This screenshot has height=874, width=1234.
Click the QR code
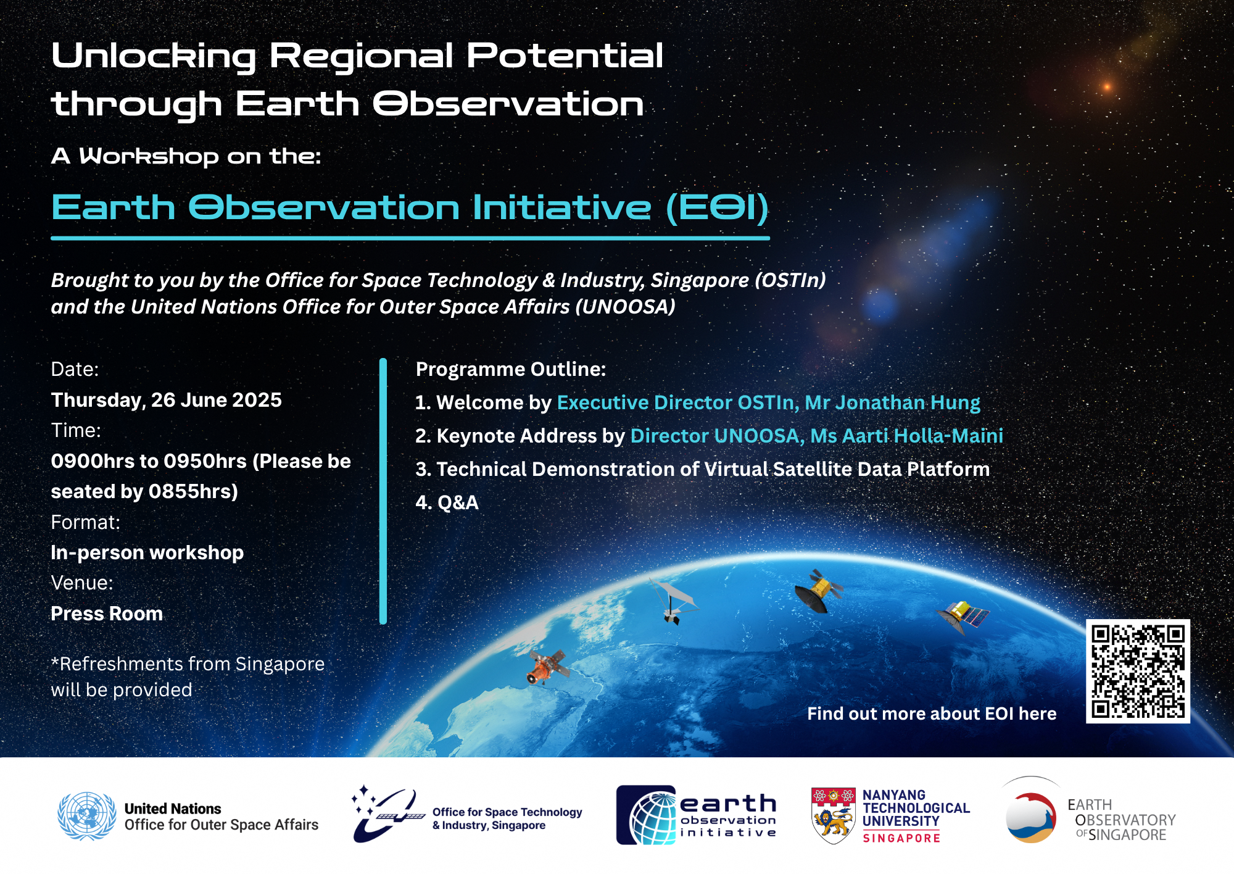(1138, 671)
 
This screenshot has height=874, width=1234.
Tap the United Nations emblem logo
(86, 816)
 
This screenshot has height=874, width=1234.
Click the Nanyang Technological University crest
(833, 815)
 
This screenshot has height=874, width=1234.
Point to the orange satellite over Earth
(546, 667)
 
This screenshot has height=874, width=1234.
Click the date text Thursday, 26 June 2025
(166, 400)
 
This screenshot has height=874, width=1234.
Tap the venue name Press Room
(107, 614)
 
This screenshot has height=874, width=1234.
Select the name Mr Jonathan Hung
(892, 402)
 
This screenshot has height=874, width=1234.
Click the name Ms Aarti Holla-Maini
(906, 436)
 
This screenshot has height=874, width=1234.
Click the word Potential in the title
(565, 56)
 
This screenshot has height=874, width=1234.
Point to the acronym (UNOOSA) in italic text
(625, 307)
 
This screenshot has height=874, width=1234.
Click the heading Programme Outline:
(511, 369)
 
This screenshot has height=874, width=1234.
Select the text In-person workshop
(147, 552)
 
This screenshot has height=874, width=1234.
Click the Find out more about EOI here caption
(932, 714)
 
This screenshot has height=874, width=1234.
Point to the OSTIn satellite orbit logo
(387, 815)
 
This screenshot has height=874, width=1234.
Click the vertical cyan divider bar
(383, 491)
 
